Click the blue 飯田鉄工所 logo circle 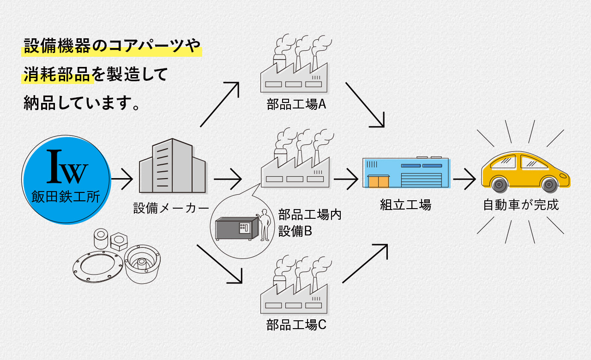[x=66, y=180]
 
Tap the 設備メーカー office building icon [x=172, y=166]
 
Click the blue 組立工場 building [x=406, y=172]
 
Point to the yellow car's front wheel [x=549, y=184]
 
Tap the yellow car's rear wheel [x=499, y=184]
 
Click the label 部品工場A [x=296, y=104]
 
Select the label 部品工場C [x=296, y=325]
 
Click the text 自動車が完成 [x=521, y=205]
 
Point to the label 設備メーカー [x=171, y=208]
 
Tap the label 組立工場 [x=405, y=204]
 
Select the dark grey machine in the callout [x=237, y=228]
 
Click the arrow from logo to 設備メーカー [x=122, y=179]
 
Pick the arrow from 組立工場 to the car [x=464, y=179]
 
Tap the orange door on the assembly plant [x=379, y=181]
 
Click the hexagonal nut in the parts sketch [x=119, y=241]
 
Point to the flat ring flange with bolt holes [x=98, y=267]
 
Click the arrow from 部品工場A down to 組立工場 [x=365, y=105]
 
